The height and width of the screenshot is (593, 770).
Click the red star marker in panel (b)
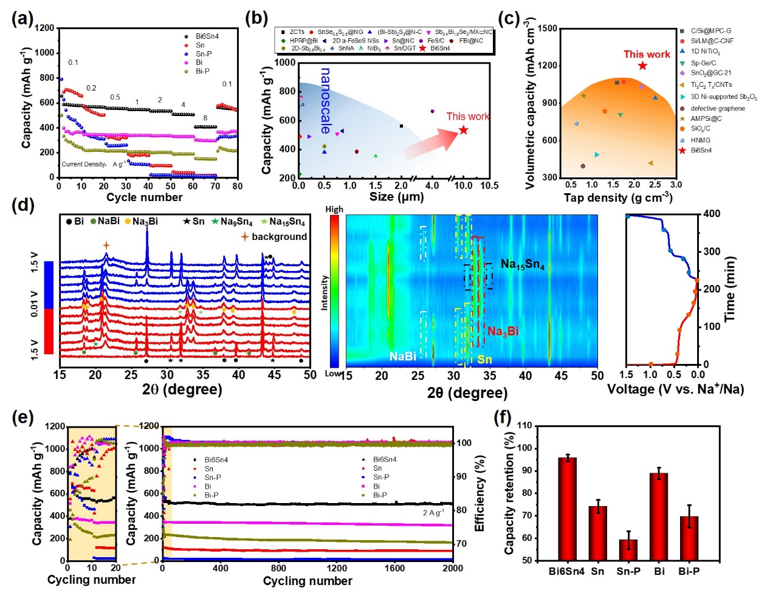point(463,130)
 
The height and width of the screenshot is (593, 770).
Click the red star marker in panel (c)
point(642,66)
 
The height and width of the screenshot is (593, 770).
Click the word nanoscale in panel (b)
point(326,100)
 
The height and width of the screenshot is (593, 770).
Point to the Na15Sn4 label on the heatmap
point(522,264)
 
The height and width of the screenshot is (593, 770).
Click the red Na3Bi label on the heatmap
point(503,331)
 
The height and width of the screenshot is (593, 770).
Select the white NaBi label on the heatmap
point(402,355)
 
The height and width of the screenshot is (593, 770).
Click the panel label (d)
point(22,205)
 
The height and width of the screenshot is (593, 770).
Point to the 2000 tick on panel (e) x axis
point(452,569)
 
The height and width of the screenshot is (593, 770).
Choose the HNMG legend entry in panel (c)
point(700,140)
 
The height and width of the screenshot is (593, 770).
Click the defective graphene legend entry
point(717,109)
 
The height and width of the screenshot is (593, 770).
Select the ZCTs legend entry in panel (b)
point(297,32)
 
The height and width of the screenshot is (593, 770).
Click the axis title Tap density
point(617,197)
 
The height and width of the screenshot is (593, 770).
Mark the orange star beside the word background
point(245,236)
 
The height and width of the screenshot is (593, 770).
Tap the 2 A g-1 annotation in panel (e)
point(433,513)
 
